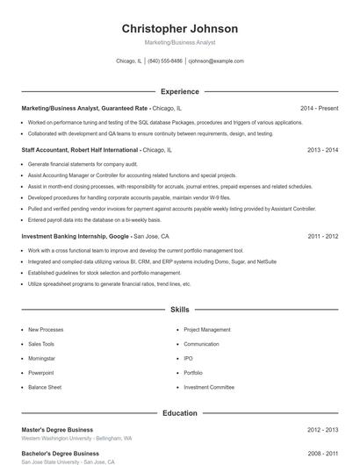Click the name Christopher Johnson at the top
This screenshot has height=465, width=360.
[x=179, y=28]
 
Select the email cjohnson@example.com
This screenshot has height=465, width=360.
[x=216, y=61]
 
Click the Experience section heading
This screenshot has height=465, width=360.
[x=179, y=91]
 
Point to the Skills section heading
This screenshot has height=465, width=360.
[x=179, y=310]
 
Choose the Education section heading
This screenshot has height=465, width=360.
[x=179, y=412]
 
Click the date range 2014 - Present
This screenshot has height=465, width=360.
[x=319, y=108]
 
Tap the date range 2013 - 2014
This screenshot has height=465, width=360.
[x=322, y=150]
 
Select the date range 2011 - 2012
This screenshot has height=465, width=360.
[x=322, y=236]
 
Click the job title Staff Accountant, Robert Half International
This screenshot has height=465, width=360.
[x=79, y=150]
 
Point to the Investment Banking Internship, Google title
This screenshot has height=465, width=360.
[x=76, y=236]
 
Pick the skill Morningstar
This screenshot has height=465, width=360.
[x=41, y=358]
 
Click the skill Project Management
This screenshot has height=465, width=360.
[x=207, y=330]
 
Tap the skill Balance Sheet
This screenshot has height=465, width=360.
[x=44, y=387]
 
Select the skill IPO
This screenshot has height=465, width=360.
[x=189, y=358]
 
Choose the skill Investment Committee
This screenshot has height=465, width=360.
[x=209, y=387]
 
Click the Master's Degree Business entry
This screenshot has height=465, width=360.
[x=57, y=430]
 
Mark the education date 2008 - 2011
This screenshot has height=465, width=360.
[x=322, y=454]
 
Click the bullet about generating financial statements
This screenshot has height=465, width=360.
[x=83, y=164]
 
